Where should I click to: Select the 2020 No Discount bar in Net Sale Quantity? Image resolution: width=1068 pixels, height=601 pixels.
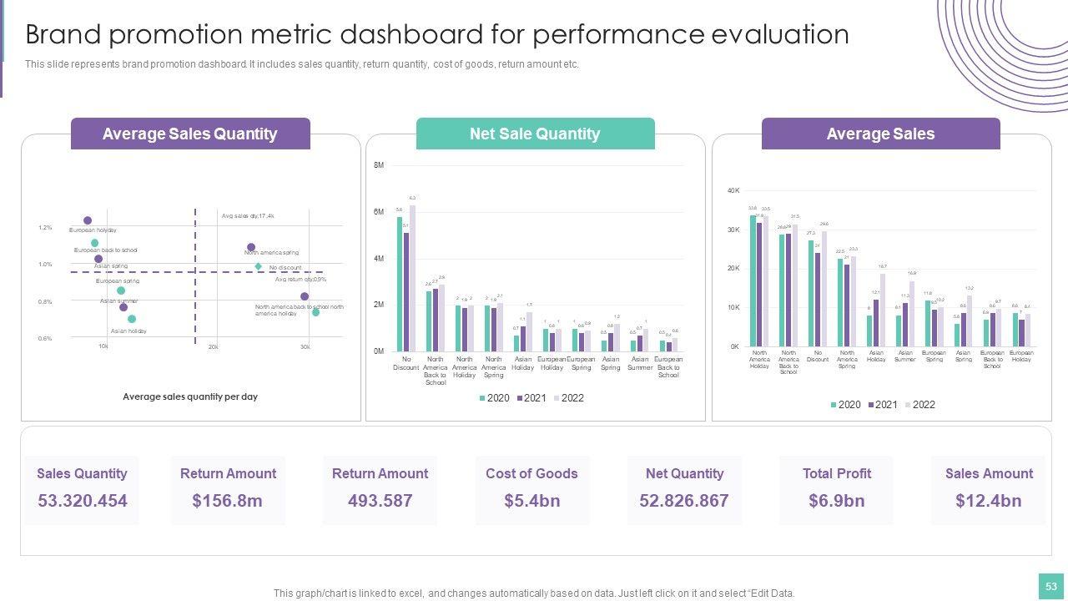[400, 284]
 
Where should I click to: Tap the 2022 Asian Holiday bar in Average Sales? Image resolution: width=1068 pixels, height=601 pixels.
[882, 310]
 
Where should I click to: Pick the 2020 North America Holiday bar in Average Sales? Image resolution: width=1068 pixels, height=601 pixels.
[753, 280]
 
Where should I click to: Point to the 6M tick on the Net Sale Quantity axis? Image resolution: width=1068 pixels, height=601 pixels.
[379, 212]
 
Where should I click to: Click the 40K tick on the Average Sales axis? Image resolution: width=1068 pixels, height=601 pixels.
[733, 191]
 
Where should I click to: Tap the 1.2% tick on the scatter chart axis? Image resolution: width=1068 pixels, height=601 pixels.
[45, 227]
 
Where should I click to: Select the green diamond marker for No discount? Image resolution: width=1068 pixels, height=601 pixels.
[259, 267]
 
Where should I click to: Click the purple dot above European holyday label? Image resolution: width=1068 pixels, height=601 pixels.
[88, 220]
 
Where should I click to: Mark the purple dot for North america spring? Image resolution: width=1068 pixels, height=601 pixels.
[251, 248]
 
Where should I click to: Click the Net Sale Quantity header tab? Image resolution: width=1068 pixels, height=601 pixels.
[535, 134]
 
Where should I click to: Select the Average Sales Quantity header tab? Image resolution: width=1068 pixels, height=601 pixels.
[190, 134]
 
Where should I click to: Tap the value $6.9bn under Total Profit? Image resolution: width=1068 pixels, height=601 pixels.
[836, 501]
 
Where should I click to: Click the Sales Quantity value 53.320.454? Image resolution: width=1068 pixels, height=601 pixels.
[82, 501]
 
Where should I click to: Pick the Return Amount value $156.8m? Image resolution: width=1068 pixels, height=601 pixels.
[227, 501]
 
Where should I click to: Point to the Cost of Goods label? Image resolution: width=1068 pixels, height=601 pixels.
[531, 473]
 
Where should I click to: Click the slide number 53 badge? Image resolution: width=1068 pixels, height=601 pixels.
[1050, 586]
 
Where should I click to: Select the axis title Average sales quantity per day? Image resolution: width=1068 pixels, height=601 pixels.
[190, 396]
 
